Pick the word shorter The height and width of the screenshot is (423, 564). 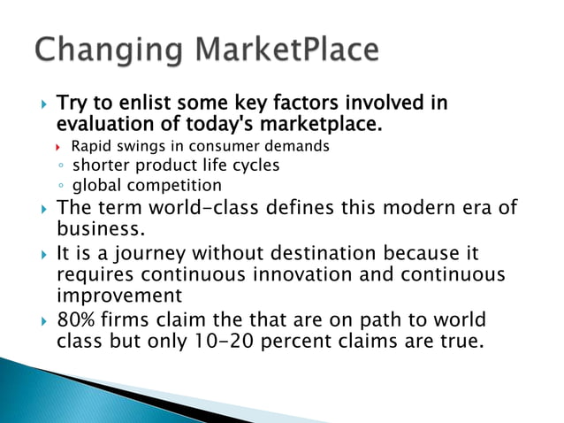click(101, 165)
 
